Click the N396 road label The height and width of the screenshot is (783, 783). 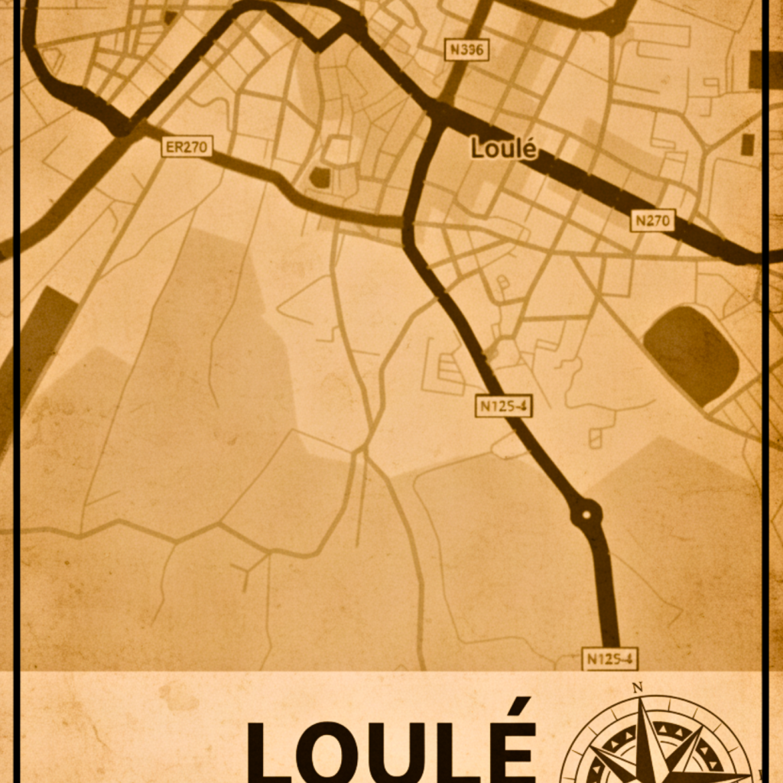[x=466, y=50]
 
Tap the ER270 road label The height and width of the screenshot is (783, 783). [x=187, y=146]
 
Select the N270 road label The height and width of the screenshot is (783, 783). [x=652, y=221]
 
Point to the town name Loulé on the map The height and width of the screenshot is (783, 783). [x=503, y=148]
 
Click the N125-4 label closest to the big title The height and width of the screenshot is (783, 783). [x=609, y=658]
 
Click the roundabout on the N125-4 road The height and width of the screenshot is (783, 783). [x=586, y=514]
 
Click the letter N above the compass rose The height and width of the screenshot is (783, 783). [x=637, y=687]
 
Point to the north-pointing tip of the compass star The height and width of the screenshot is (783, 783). [x=643, y=702]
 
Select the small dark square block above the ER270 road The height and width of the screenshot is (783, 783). [x=320, y=177]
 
